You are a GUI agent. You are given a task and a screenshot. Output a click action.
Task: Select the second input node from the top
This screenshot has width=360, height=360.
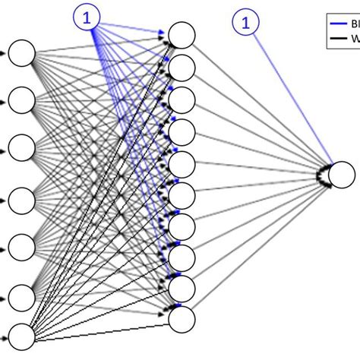[23, 99]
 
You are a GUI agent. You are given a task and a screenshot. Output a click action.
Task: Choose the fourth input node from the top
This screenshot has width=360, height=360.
[23, 199]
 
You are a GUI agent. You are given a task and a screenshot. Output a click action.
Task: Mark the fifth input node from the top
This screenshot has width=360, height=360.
[23, 245]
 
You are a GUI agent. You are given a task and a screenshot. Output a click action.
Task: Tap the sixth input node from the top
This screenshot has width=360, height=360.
[23, 295]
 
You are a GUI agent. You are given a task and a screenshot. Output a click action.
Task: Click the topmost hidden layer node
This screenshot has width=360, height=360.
[182, 35]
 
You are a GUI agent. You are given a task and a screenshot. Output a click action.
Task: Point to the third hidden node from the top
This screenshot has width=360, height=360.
[182, 99]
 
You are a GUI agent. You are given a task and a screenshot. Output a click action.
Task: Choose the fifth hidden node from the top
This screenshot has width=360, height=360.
[182, 163]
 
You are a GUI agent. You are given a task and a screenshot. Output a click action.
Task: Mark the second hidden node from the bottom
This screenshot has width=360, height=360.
[182, 287]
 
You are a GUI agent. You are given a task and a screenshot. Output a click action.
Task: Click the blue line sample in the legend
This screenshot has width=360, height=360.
[334, 24]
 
